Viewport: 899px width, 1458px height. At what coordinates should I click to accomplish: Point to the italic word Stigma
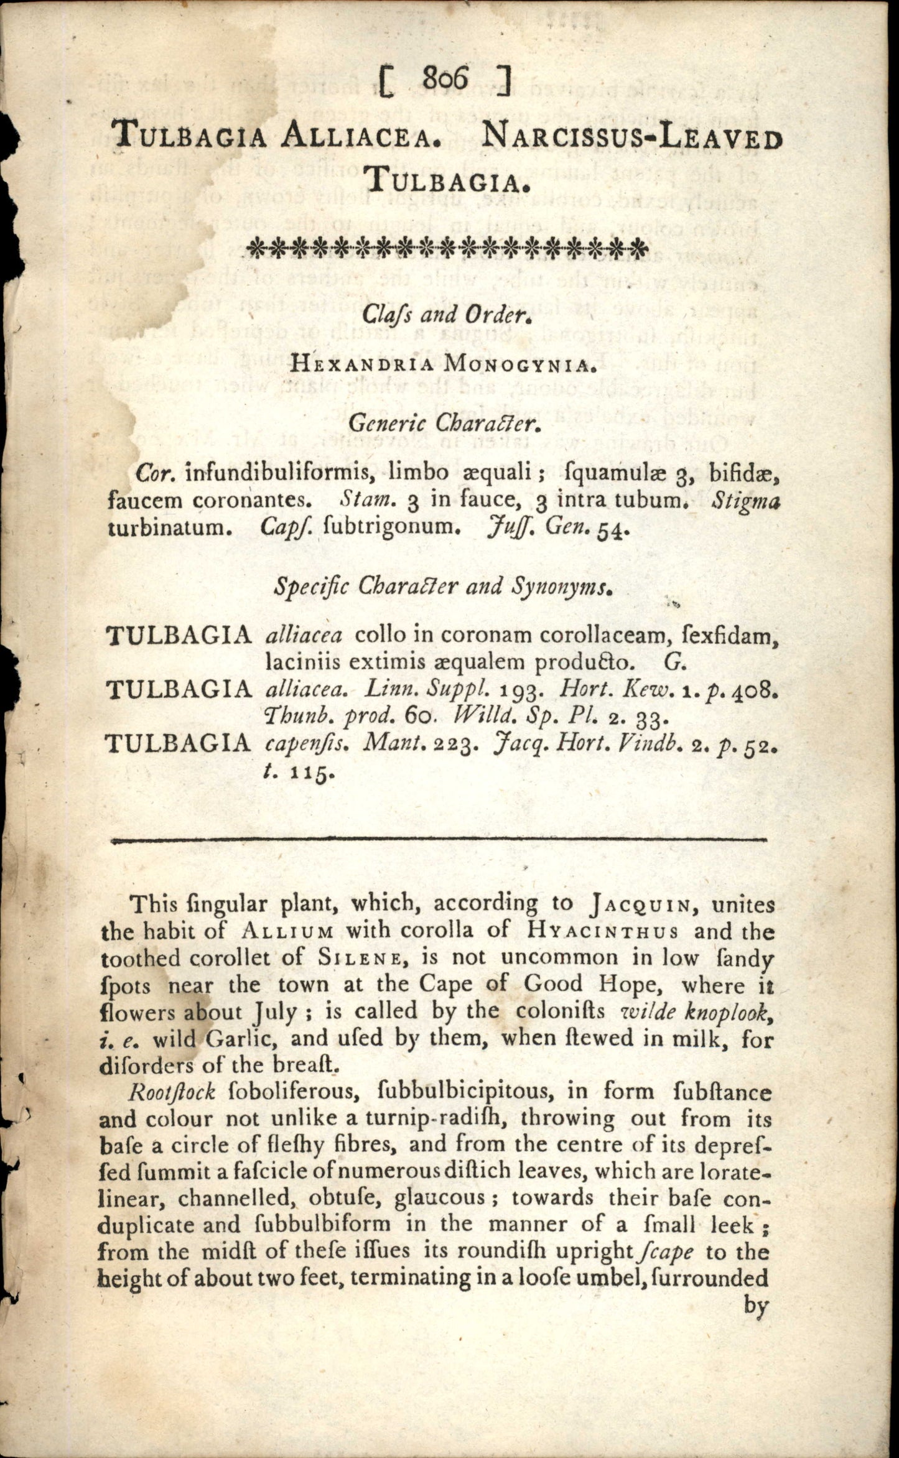coord(745,500)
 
